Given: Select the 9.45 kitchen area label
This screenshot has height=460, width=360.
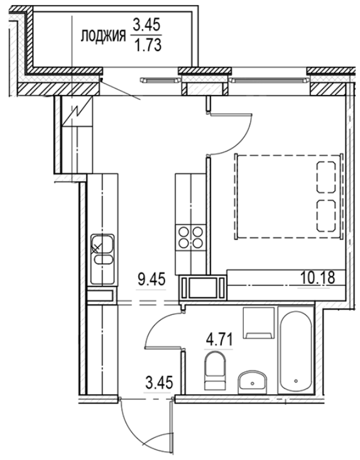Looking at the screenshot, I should click(151, 278).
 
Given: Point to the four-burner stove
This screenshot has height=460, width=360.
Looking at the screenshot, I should click(191, 237).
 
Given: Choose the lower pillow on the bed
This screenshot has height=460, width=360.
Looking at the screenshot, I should click(325, 216).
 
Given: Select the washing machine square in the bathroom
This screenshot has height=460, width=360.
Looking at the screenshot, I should click(258, 323).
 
